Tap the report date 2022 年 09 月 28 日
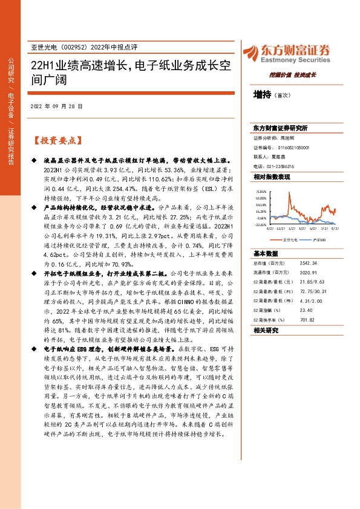tap(56, 106)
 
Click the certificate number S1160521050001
tap(290, 147)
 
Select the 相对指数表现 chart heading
tap(272, 177)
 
